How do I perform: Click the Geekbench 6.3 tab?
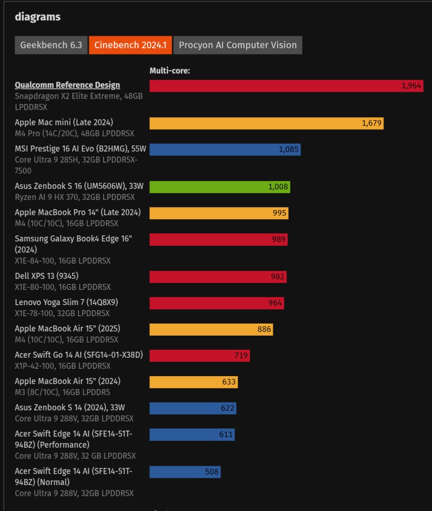click(51, 45)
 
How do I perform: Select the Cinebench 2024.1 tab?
click(130, 45)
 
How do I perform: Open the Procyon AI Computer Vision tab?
click(238, 45)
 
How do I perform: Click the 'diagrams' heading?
click(38, 17)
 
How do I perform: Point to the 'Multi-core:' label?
click(170, 71)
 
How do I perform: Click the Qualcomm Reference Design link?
click(67, 85)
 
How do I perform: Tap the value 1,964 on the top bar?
click(411, 86)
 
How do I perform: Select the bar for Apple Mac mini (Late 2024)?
click(266, 123)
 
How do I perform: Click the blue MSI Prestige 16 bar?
click(225, 150)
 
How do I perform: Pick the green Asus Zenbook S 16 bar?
click(220, 186)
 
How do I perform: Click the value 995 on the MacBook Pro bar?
click(280, 213)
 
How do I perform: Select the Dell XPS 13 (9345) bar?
click(218, 277)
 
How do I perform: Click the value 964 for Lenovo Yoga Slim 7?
click(276, 303)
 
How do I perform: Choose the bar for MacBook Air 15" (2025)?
click(211, 330)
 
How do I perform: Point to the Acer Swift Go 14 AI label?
click(79, 355)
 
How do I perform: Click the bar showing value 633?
click(193, 382)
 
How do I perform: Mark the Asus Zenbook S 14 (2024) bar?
click(192, 409)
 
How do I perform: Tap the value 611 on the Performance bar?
click(226, 435)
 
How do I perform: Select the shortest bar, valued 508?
click(185, 472)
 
